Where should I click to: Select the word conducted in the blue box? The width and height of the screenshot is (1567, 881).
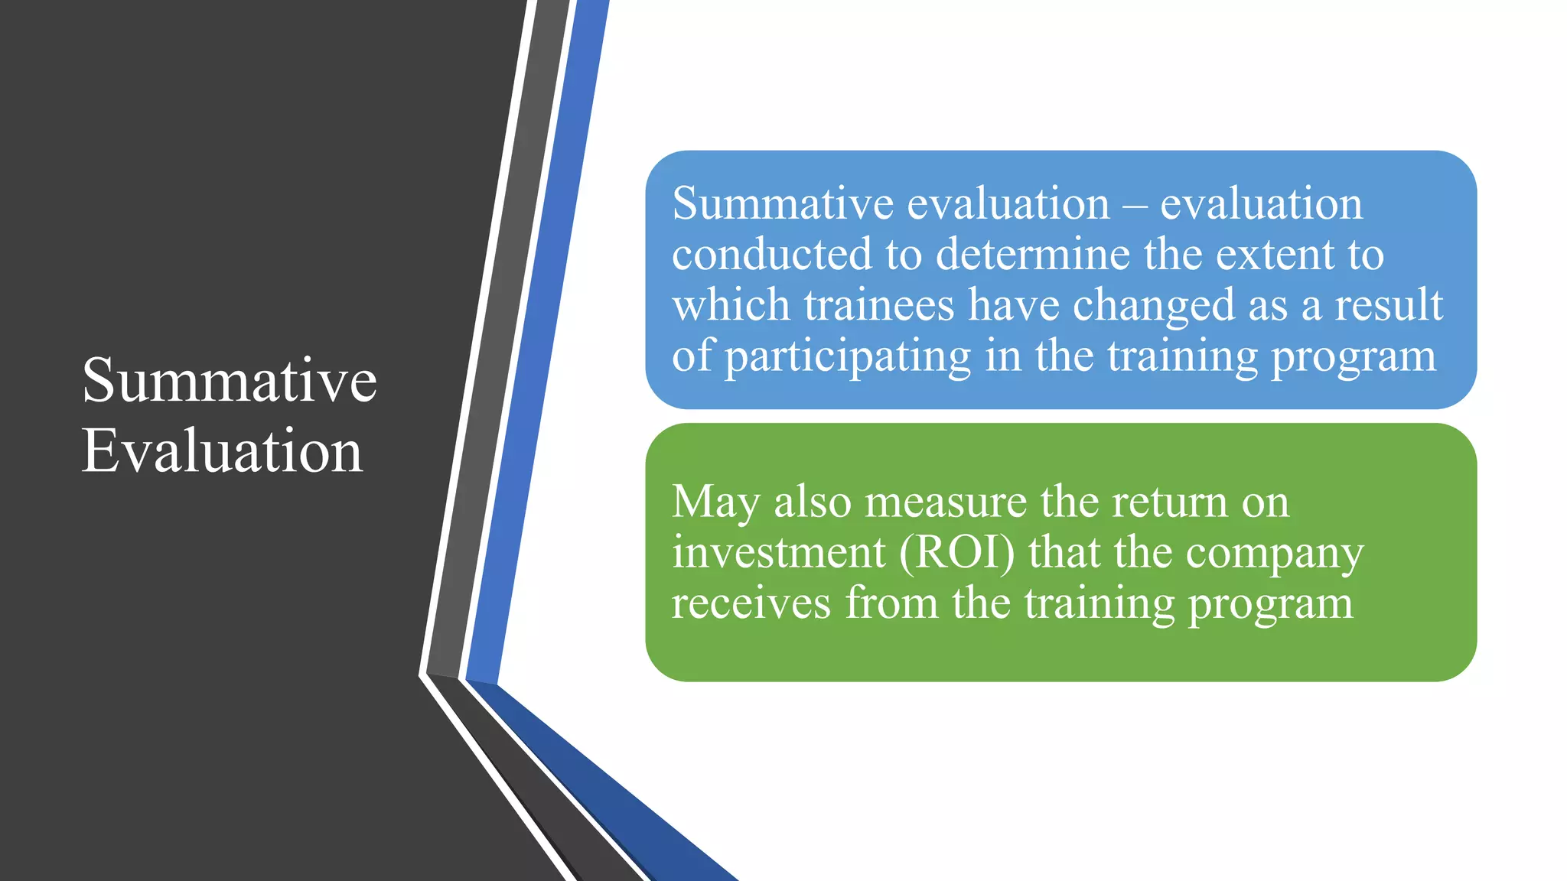pos(771,254)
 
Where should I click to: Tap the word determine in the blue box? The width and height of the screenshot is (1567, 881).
pos(1033,254)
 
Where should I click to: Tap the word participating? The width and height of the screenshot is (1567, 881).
pos(848,356)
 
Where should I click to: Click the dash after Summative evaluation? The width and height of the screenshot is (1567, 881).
pos(1135,205)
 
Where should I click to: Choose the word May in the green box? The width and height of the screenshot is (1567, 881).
pos(716,503)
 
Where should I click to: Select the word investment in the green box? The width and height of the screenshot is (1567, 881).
pos(778,552)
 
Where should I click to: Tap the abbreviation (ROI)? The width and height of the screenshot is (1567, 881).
pos(956,552)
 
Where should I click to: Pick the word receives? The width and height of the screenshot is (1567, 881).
pos(751,603)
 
